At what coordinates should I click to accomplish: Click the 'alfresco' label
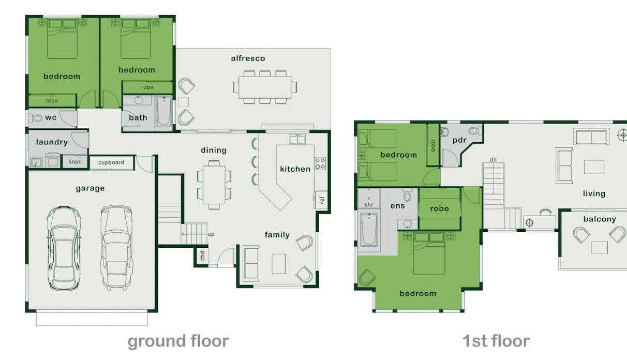[248, 58]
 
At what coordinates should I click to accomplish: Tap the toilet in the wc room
[35, 118]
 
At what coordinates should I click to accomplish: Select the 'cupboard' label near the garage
[111, 162]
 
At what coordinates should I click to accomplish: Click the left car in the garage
[64, 248]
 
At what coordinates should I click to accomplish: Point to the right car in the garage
[117, 248]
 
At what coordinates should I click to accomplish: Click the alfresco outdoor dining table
[265, 87]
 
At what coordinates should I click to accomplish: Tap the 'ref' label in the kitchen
[322, 200]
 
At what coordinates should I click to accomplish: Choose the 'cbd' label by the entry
[202, 256]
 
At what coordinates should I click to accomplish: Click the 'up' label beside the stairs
[211, 234]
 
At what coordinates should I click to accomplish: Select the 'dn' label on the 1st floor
[493, 159]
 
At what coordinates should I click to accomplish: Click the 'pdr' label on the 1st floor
[459, 140]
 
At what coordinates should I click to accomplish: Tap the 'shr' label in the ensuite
[369, 205]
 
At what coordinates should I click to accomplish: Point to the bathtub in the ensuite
[369, 230]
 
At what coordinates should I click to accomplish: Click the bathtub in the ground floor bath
[164, 112]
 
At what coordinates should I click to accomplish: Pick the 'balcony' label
[600, 219]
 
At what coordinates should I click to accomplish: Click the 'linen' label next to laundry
[75, 162]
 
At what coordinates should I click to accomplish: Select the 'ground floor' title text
[178, 341]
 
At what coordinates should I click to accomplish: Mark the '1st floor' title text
[496, 341]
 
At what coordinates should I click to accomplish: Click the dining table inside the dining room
[214, 185]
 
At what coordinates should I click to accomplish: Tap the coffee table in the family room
[278, 264]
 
